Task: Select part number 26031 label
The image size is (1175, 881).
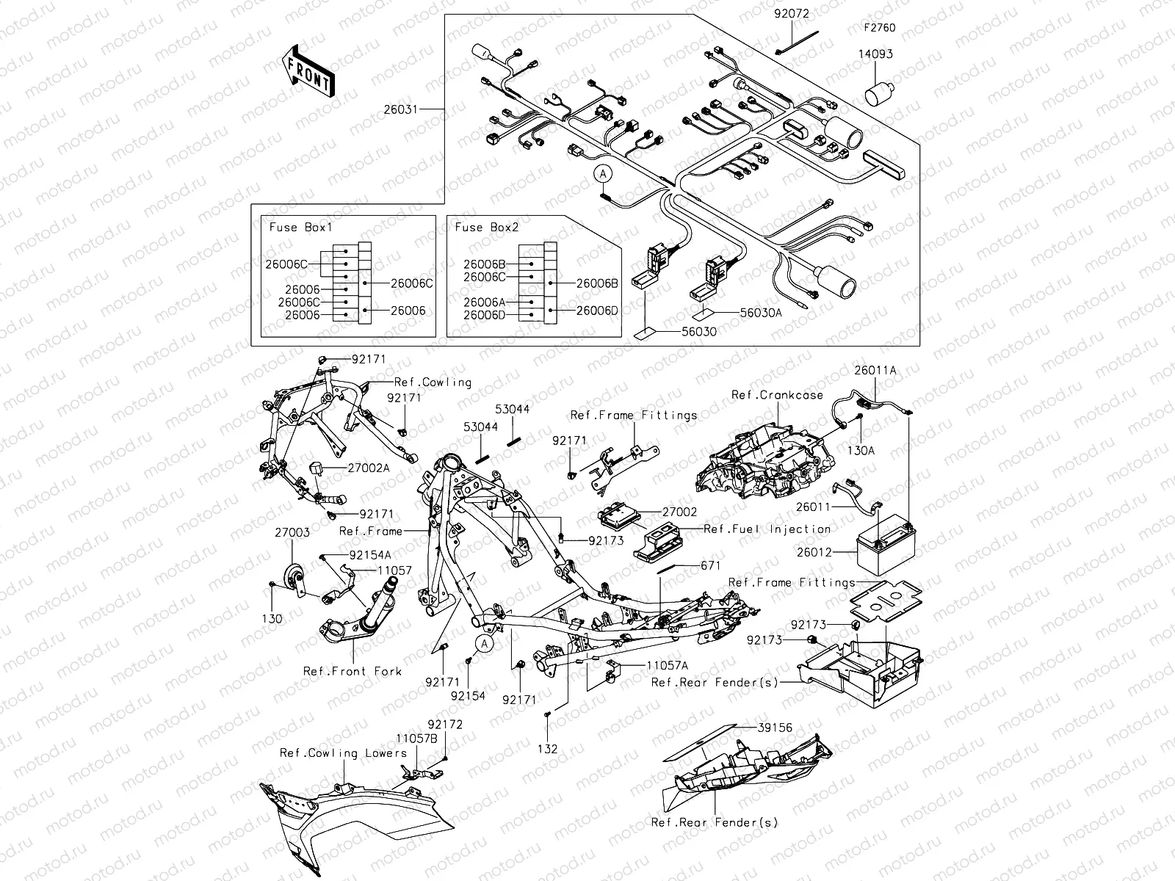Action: (x=400, y=109)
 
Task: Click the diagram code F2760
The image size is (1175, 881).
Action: (x=879, y=29)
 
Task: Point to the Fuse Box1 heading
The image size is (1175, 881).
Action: (x=300, y=227)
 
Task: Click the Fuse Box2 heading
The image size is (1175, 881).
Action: (x=487, y=227)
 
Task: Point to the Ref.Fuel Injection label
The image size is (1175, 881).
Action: (x=767, y=529)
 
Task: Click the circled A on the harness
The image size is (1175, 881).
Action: (x=603, y=174)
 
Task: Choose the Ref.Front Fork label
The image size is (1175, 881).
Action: (x=352, y=671)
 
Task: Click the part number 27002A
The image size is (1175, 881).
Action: (x=369, y=467)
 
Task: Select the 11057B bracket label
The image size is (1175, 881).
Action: (x=416, y=738)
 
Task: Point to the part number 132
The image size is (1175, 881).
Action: (x=548, y=749)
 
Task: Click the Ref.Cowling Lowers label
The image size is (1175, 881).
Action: (x=343, y=753)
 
